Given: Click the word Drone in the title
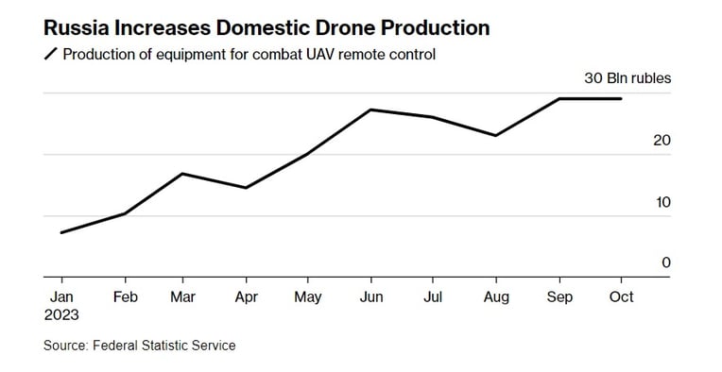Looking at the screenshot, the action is click(x=340, y=28).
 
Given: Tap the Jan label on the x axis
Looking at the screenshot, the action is click(x=61, y=297).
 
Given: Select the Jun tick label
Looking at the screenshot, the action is click(x=371, y=297).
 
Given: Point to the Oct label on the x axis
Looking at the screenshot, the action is click(x=621, y=297).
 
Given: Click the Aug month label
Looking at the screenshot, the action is click(x=496, y=297).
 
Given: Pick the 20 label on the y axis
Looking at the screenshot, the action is click(x=662, y=141).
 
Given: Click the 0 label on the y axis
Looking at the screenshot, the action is click(x=666, y=262).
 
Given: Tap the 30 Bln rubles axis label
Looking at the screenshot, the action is click(x=627, y=78).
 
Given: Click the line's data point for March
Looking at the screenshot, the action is click(x=182, y=174).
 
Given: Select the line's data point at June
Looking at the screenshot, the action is click(x=371, y=110).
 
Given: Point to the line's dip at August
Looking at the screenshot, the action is click(x=496, y=136).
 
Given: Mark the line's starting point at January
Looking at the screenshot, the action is click(x=61, y=232).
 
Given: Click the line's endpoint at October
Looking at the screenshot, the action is click(x=621, y=98).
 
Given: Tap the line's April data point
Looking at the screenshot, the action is click(x=246, y=188).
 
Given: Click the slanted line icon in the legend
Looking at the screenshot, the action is click(x=50, y=54).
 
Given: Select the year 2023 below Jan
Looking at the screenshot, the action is click(x=61, y=315).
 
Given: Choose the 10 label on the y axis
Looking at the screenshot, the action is click(x=663, y=202).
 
